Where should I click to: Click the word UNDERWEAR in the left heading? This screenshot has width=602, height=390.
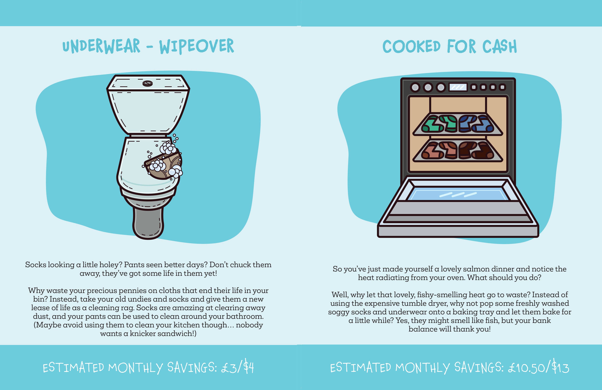click(x=101, y=46)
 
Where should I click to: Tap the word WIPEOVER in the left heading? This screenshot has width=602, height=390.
click(x=197, y=46)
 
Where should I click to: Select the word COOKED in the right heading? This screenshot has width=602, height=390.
click(x=411, y=47)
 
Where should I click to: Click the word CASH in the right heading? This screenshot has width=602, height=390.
click(x=499, y=47)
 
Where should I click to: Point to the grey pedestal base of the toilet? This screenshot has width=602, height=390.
click(x=148, y=222)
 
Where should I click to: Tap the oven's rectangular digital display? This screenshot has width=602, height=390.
click(x=458, y=87)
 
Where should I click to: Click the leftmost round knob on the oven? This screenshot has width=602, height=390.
click(x=415, y=88)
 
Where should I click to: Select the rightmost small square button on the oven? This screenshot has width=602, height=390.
click(x=502, y=87)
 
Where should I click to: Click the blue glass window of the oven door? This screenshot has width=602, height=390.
click(x=458, y=195)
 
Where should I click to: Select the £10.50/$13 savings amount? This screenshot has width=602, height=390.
click(x=539, y=367)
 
